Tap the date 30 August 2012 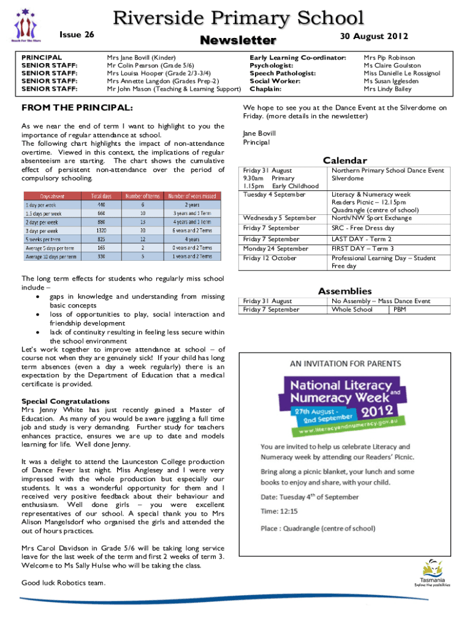(x=374, y=36)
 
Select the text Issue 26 (x=77, y=34)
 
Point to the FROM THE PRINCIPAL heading (x=77, y=108)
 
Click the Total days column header (x=105, y=196)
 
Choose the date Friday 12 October (x=270, y=258)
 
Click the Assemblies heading (x=344, y=291)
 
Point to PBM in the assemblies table (x=400, y=309)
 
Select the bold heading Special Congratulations (x=66, y=401)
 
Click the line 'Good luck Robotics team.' (x=63, y=582)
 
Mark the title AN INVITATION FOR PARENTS (x=346, y=363)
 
